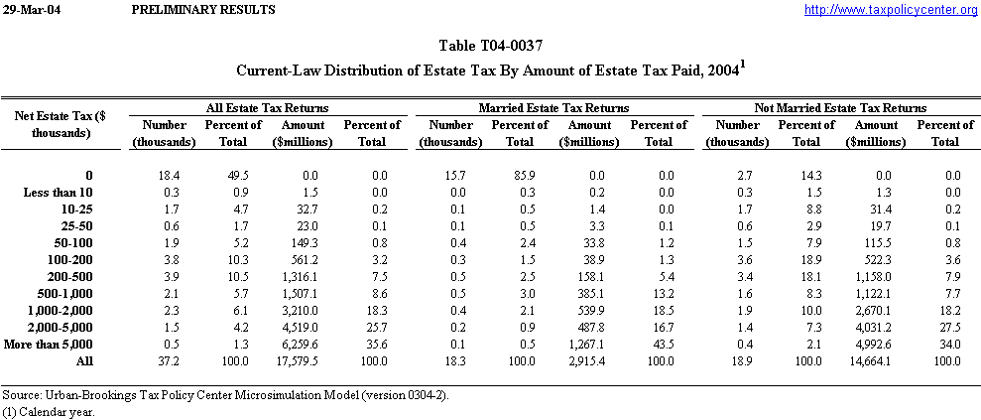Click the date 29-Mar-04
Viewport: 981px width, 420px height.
pos(27,9)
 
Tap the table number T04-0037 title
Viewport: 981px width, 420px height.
pos(490,46)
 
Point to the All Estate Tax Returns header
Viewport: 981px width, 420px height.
pos(268,107)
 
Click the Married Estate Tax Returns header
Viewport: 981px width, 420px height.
pos(553,107)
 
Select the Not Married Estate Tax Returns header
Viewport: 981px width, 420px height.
pos(840,107)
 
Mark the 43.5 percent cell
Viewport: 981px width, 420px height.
pos(659,344)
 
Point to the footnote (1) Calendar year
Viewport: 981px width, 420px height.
pos(48,412)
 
